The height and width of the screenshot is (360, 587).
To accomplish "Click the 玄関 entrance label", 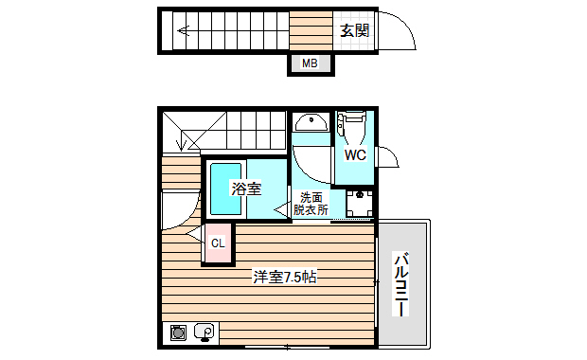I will click(x=354, y=30).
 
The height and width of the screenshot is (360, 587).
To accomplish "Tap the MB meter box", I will click(x=310, y=63).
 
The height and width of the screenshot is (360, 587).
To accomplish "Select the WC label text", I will click(x=355, y=154).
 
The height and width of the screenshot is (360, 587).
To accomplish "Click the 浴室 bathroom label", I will click(x=247, y=189).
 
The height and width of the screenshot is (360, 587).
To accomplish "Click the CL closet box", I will click(x=218, y=243).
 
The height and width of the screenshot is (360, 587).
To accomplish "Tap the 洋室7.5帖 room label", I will click(x=284, y=278).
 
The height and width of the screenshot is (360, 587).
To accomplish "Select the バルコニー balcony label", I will click(x=401, y=284).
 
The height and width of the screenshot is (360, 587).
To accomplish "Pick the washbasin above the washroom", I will click(x=310, y=123).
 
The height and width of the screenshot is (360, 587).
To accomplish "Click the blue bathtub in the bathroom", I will click(x=224, y=189).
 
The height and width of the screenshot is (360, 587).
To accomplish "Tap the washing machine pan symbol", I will click(x=360, y=203).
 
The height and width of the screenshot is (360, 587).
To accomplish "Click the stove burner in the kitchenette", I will click(x=177, y=332).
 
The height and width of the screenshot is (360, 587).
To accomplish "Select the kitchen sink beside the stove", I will click(x=204, y=332).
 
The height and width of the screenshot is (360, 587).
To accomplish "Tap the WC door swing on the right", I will click(x=387, y=157).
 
